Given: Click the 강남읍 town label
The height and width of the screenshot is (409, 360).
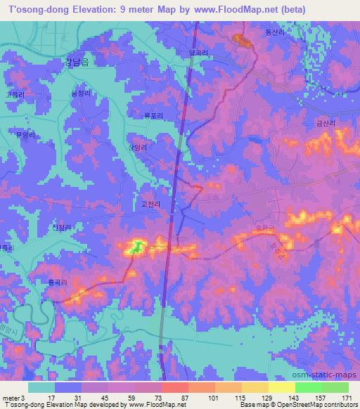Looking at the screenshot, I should click(78, 62).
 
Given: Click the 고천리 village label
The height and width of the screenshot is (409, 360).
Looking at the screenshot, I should click(152, 204).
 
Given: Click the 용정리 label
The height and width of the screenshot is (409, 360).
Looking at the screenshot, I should click(82, 92).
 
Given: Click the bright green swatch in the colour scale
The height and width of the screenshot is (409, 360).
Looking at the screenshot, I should click(308, 387).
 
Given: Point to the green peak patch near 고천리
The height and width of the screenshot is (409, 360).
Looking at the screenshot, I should click(139, 246).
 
